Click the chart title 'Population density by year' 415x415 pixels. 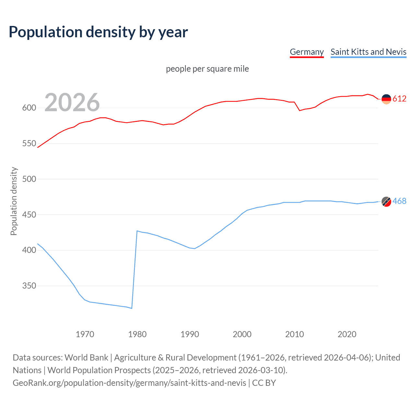click(98, 32)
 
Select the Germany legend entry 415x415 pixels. click(306, 52)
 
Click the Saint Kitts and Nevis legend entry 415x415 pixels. click(368, 52)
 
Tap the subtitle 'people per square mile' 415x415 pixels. click(207, 69)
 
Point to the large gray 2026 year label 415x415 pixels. click(72, 102)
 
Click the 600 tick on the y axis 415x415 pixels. click(29, 108)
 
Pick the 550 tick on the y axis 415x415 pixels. click(29, 144)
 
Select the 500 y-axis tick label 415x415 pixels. click(29, 179)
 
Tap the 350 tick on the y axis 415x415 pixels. click(29, 286)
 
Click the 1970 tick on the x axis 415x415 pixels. click(85, 334)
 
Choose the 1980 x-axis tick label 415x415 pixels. click(137, 334)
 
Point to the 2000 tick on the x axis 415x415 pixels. click(242, 334)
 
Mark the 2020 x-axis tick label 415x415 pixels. click(347, 334)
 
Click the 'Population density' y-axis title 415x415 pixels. click(14, 201)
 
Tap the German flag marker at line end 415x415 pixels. click(386, 99)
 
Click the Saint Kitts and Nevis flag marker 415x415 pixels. click(386, 201)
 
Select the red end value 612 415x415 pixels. click(399, 99)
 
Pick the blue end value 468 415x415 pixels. click(399, 201)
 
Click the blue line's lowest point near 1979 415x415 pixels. click(132, 308)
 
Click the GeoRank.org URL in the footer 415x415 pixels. click(129, 383)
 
